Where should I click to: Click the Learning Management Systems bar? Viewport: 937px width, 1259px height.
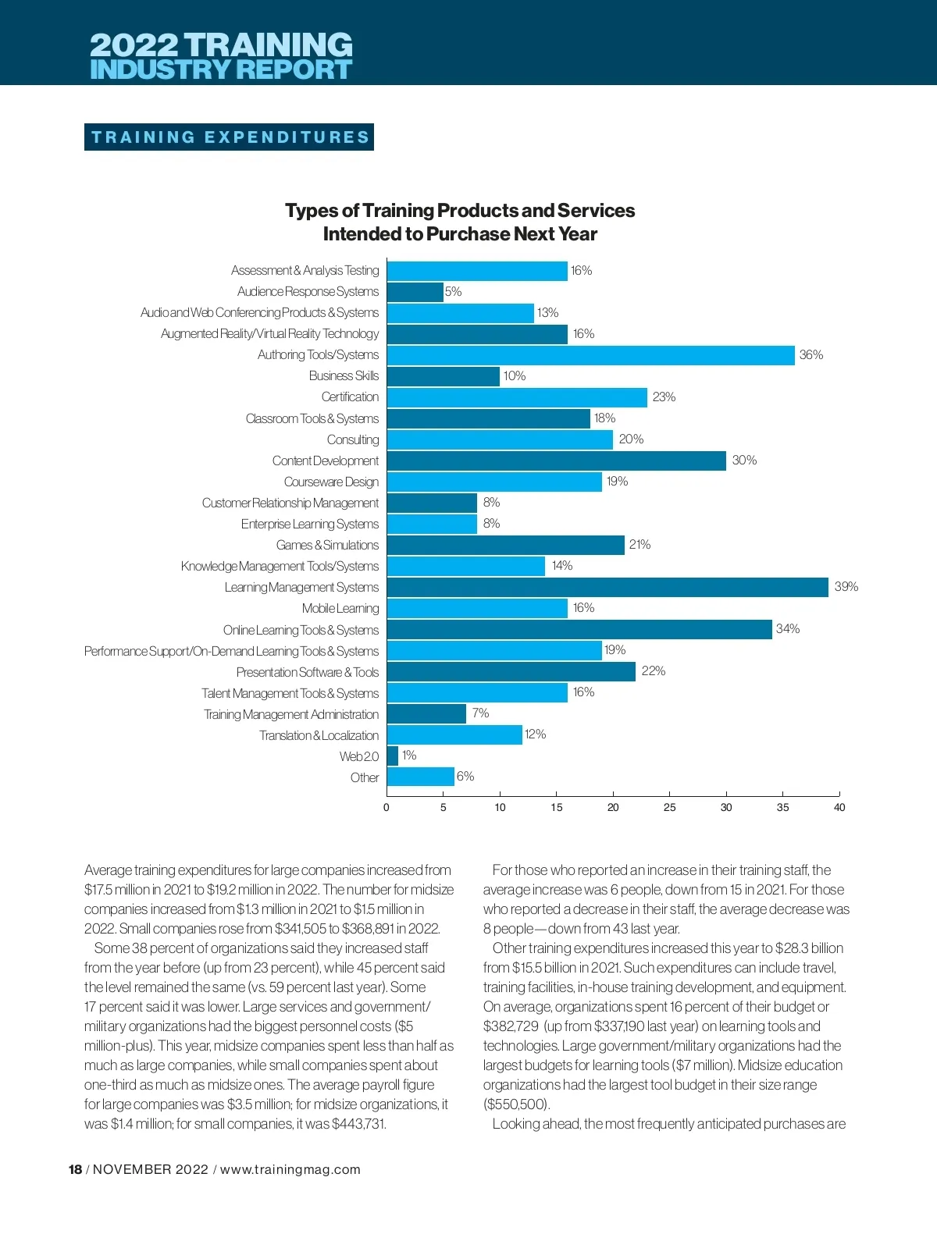607,588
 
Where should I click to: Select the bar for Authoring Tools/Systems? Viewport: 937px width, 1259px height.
590,355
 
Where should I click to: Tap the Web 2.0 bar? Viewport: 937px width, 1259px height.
393,756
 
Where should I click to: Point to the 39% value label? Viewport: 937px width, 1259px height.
846,587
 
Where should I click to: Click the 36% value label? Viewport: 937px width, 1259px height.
811,355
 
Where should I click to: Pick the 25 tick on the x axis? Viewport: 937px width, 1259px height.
670,808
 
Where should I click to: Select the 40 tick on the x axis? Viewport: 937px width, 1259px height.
839,808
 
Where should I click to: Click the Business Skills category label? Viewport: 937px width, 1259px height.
344,376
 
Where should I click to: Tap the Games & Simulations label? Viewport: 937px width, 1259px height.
327,546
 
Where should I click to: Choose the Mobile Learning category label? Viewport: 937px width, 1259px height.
340,609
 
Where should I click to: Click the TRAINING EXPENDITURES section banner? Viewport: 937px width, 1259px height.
230,137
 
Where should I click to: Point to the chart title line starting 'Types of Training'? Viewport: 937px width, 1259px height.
460,211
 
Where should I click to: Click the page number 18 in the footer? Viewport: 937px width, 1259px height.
75,1169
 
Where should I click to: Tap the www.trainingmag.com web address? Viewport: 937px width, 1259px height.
290,1169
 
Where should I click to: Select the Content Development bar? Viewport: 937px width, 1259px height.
556,461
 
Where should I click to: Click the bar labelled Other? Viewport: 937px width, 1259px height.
420,777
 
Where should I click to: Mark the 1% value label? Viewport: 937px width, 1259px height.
409,756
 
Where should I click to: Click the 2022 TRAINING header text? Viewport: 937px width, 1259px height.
221,44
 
